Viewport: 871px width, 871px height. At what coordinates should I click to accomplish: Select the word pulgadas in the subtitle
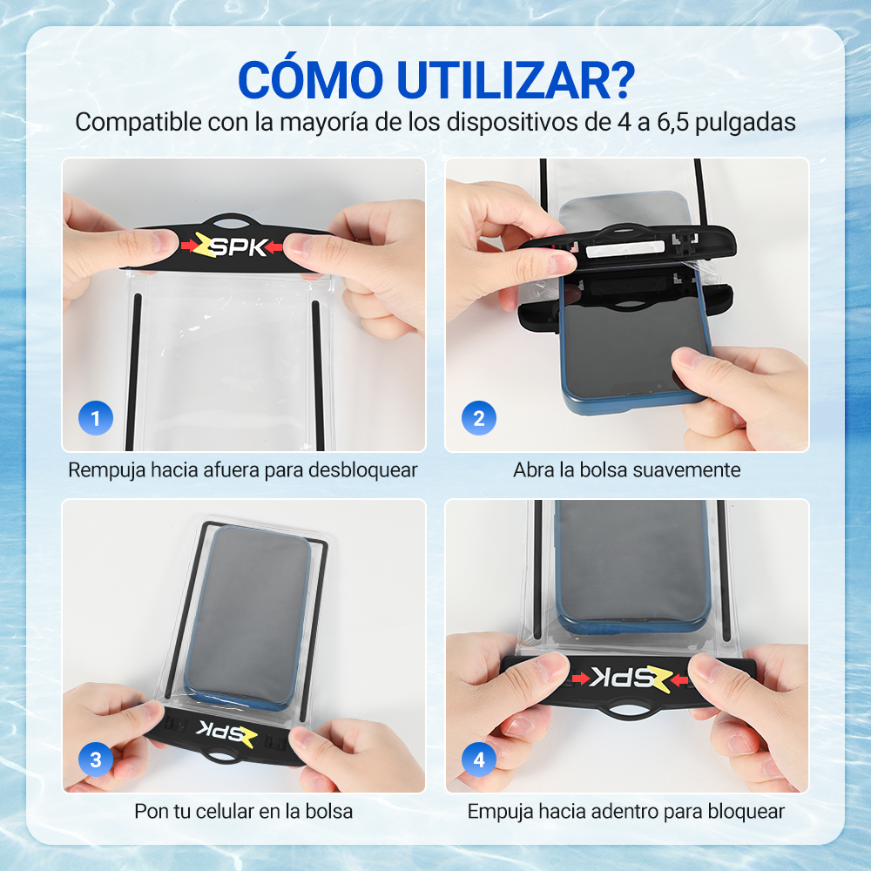(745, 123)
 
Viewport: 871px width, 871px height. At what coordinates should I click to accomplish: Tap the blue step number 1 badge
(96, 418)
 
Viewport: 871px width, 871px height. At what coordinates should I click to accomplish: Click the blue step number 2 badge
(479, 418)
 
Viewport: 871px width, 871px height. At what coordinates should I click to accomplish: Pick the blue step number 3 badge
(96, 760)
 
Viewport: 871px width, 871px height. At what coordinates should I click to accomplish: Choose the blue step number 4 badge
(479, 760)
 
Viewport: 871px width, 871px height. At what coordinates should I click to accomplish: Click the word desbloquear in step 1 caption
(362, 470)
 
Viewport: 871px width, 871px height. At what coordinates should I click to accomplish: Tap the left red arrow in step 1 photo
(188, 245)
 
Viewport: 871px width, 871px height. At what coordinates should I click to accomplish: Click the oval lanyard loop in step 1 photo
(233, 221)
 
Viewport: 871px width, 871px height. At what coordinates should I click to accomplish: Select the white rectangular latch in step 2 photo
(625, 249)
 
